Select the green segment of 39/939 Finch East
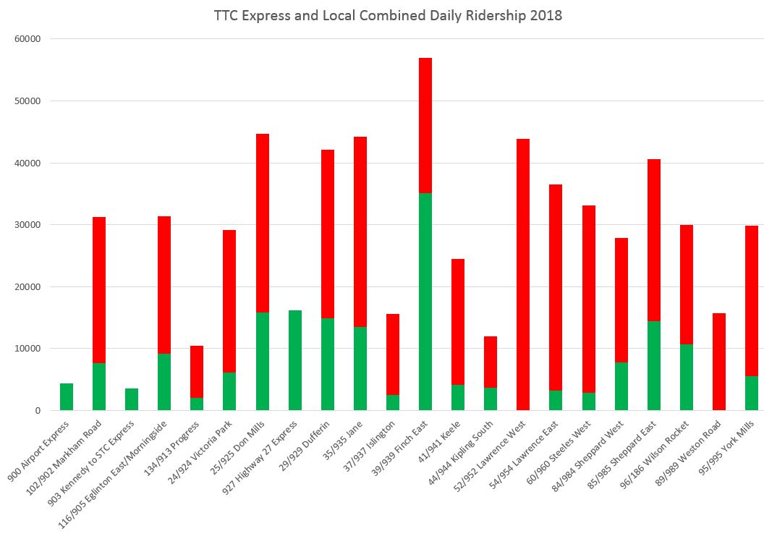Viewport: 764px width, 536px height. pos(425,302)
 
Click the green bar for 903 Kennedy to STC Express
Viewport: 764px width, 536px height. pos(132,399)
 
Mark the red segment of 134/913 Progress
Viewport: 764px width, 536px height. pos(197,372)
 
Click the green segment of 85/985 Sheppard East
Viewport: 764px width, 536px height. pos(653,366)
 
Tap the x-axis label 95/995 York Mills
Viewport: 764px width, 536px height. pos(731,448)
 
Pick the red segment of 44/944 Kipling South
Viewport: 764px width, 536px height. pos(491,362)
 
